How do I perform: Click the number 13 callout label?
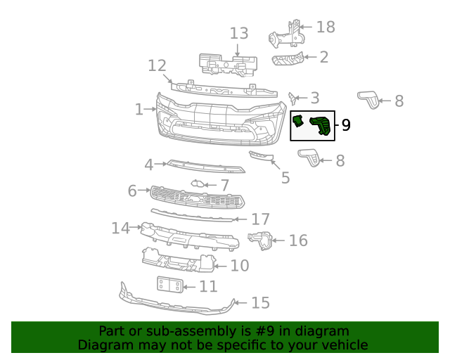[x=239, y=33]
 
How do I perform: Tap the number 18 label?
[x=326, y=27]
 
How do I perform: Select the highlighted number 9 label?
[x=346, y=126]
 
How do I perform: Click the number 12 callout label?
[x=157, y=65]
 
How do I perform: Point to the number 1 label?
[x=139, y=109]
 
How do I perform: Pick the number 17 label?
[x=261, y=219]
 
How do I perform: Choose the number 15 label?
[x=260, y=302]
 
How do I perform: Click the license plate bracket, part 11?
[x=169, y=285]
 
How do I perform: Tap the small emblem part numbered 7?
[x=198, y=185]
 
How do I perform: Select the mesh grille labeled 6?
[x=197, y=197]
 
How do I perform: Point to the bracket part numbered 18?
[x=288, y=34]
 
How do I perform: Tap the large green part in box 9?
[x=321, y=125]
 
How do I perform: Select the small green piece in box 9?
[x=298, y=122]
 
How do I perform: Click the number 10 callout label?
[x=240, y=265]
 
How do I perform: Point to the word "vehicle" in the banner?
[x=342, y=345]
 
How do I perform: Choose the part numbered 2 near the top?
[x=288, y=59]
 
